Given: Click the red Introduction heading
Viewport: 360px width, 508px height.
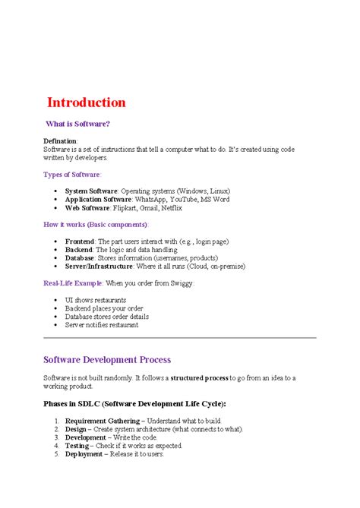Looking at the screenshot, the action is tap(87, 103).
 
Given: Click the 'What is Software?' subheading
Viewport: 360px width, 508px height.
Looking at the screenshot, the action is tap(78, 123).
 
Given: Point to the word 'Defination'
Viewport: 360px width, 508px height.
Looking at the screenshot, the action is tap(60, 141).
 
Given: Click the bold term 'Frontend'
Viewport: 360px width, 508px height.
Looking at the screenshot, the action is tap(80, 241).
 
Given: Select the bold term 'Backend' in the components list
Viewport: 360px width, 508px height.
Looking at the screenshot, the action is tap(79, 249).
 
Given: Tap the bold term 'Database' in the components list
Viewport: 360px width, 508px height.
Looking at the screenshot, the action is tap(80, 257).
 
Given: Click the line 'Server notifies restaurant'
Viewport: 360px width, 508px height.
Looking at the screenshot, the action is tap(102, 325).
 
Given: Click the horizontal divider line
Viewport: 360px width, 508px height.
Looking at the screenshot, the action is tap(180, 337).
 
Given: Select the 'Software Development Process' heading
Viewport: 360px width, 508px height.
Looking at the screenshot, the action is tap(107, 359).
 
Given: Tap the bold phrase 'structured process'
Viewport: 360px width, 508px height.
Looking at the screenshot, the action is tap(200, 378).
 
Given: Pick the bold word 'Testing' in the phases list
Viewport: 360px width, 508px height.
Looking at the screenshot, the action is tap(77, 446).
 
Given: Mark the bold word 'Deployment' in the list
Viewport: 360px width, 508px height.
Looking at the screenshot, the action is tap(84, 454).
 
